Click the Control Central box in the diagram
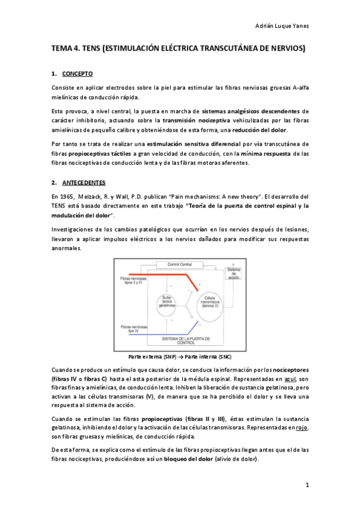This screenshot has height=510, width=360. pos(179,265)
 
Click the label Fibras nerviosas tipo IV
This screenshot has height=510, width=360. pos(135,328)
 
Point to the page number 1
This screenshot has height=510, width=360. pos(306,485)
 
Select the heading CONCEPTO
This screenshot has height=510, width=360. pos(78,73)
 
